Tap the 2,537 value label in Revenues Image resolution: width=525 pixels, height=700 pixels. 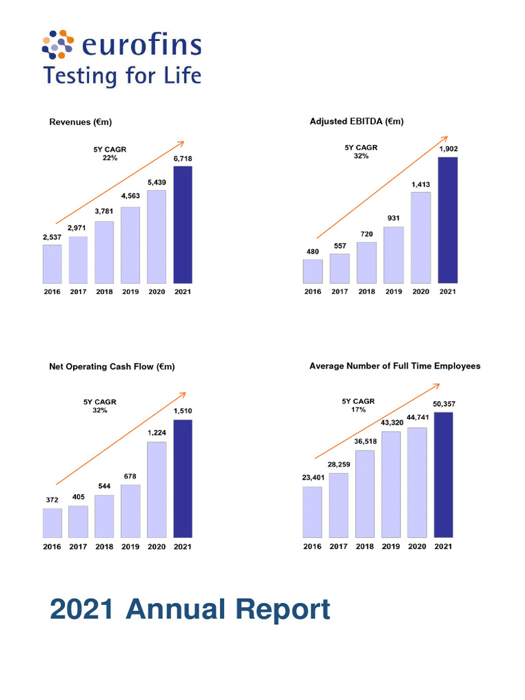click(x=52, y=237)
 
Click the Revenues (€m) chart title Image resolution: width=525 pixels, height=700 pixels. click(x=81, y=122)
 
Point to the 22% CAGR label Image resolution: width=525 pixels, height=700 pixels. click(x=110, y=158)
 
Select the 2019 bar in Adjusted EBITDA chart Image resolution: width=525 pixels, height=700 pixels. click(x=393, y=254)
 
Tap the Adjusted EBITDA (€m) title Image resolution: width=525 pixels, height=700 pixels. click(x=356, y=122)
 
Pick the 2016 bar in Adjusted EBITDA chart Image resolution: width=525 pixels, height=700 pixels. click(x=313, y=271)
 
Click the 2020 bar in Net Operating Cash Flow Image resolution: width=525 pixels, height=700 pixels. click(x=157, y=489)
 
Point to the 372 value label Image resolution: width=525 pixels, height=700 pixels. click(x=52, y=500)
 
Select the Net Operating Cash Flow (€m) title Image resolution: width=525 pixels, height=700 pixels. click(x=112, y=367)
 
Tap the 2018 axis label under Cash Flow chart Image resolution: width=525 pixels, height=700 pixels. click(x=105, y=547)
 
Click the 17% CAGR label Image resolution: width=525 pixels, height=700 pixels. click(x=359, y=410)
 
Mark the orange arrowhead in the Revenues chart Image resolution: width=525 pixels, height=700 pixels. click(x=180, y=144)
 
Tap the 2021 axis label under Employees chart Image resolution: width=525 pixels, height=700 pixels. click(x=443, y=547)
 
